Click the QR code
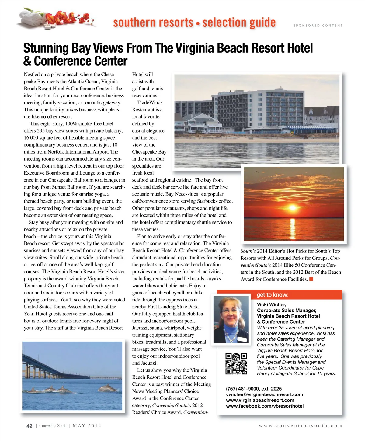tap(236, 363)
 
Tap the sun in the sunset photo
tap(292, 208)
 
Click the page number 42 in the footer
tap(29, 426)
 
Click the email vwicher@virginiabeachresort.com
tap(264, 394)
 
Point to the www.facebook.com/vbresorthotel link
tap(265, 406)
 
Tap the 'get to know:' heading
tap(273, 295)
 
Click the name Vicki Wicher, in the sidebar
tap(271, 304)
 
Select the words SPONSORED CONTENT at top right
tap(318, 26)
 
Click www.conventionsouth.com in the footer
tap(301, 426)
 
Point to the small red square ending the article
tap(311, 279)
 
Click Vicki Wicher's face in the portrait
tap(231, 313)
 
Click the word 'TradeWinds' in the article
tap(150, 102)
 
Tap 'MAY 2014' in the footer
tap(87, 426)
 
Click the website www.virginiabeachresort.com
tap(260, 400)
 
